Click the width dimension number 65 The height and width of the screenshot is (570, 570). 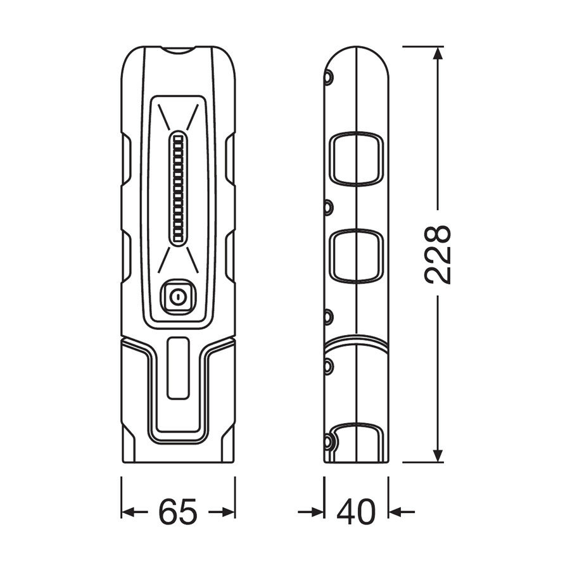pyautogui.click(x=178, y=512)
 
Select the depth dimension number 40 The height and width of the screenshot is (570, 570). pyautogui.click(x=357, y=512)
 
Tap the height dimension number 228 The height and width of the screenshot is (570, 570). pyautogui.click(x=438, y=253)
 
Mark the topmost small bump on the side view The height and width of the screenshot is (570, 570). pyautogui.click(x=328, y=78)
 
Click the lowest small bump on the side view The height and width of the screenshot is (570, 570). pyautogui.click(x=328, y=441)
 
